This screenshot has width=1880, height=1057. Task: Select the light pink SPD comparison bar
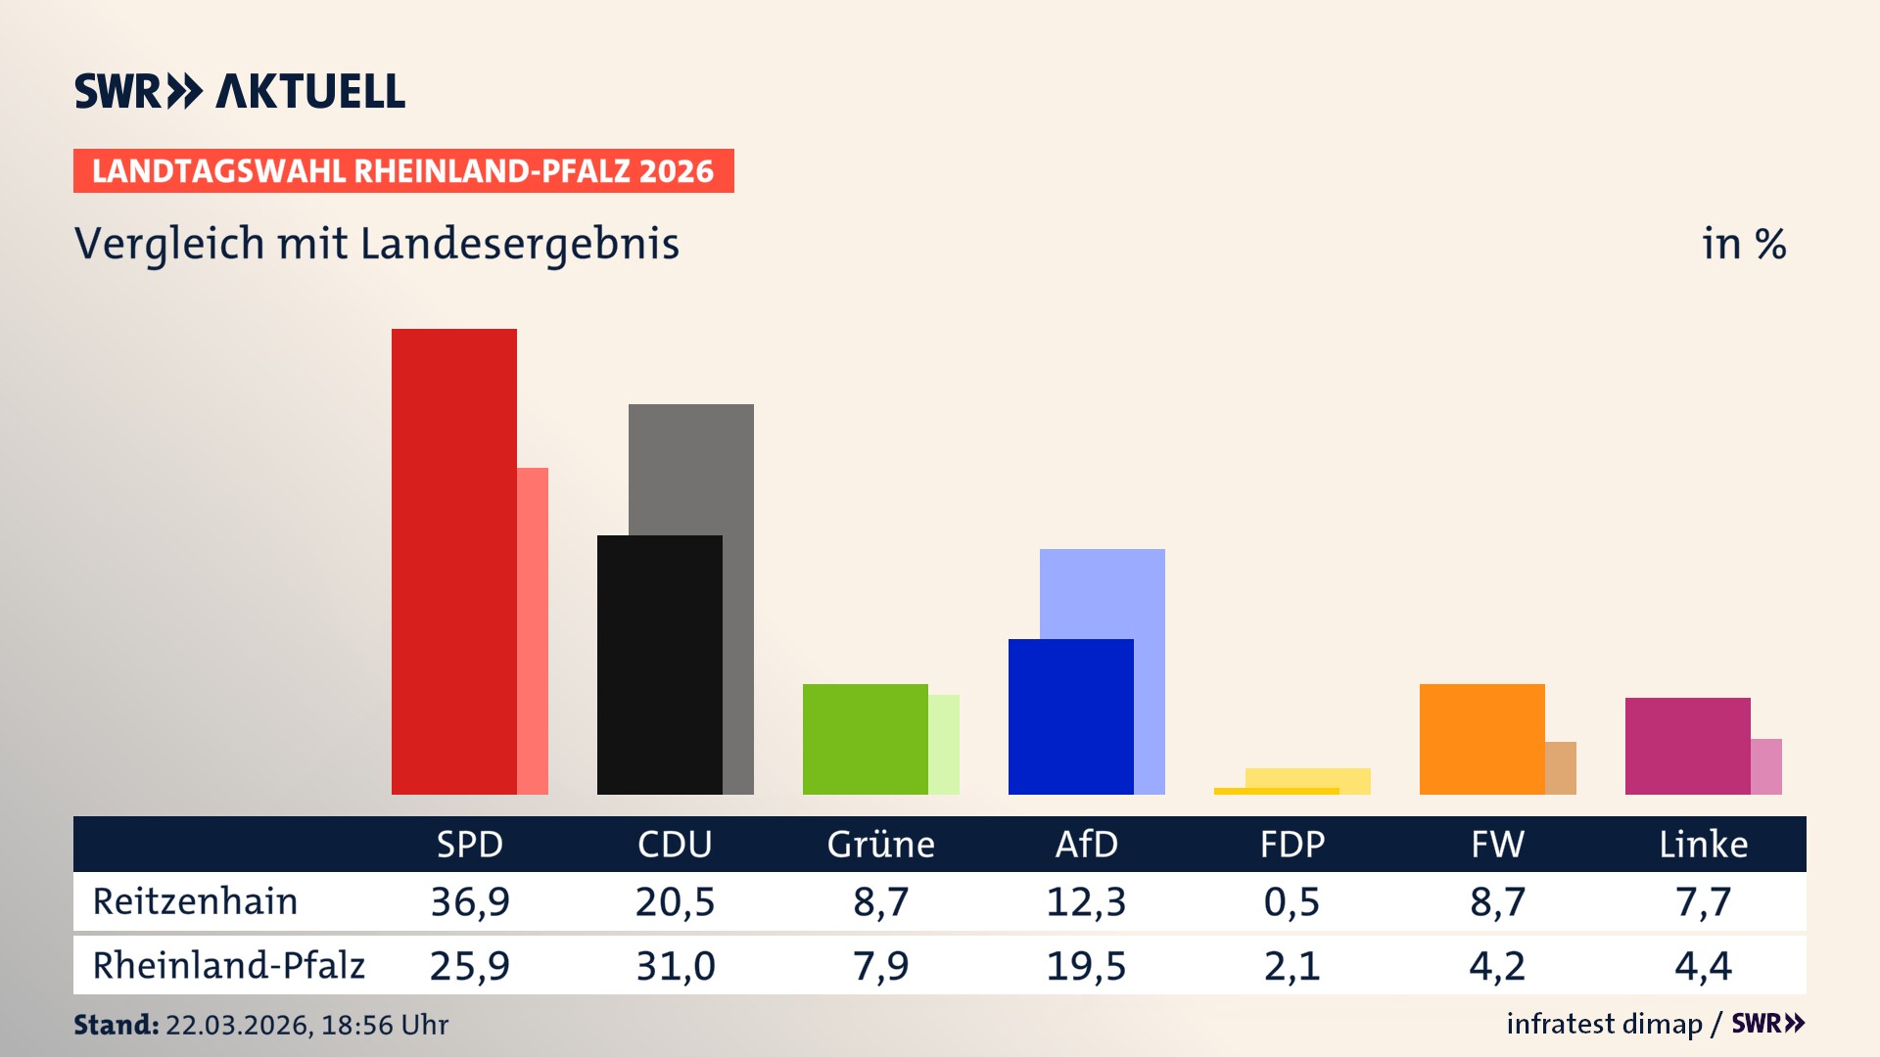click(x=533, y=631)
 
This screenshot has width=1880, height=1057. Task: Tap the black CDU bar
click(x=659, y=665)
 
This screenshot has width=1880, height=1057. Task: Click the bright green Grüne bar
click(x=865, y=739)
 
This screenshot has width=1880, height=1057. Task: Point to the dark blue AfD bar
click(x=1070, y=716)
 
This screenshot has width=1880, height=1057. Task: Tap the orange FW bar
click(x=1481, y=739)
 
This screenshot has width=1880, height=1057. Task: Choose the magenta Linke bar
click(x=1687, y=746)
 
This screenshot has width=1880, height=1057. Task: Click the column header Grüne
click(x=880, y=845)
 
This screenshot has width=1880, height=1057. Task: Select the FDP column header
click(x=1292, y=845)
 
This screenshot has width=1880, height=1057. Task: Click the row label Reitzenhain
click(x=195, y=901)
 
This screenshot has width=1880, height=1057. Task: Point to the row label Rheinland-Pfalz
click(x=228, y=966)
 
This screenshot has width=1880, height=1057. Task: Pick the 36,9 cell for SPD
click(x=470, y=901)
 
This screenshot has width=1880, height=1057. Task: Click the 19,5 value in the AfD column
click(x=1086, y=966)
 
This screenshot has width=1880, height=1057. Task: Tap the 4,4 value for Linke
click(x=1703, y=966)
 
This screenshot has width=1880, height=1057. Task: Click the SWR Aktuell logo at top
click(x=240, y=91)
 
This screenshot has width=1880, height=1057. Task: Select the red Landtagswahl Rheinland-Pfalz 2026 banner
click(x=403, y=171)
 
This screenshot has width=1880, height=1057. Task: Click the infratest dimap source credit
click(x=1604, y=1024)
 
